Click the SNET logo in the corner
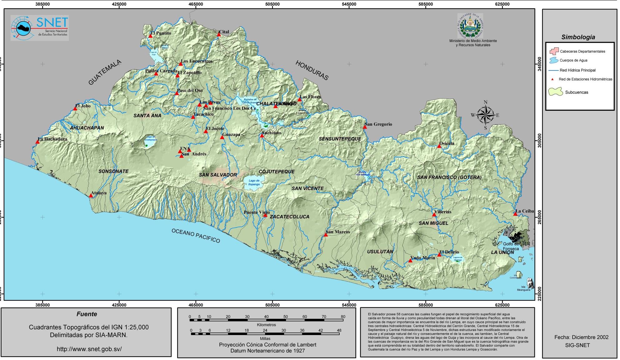pos(40,27)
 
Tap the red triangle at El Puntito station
pos(150,36)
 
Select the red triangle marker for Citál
pos(219,35)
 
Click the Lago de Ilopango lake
pos(254,182)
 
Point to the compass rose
pos(485,115)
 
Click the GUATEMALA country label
pos(105,72)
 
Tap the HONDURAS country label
pos(312,71)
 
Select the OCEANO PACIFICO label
pos(196,236)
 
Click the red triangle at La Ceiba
pos(515,214)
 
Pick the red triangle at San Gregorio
pos(365,127)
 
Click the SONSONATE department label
pos(113,171)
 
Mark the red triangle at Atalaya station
pos(91,196)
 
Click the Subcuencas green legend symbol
pos(555,92)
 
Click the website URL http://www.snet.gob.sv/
pos(89,349)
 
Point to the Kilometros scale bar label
pos(266,325)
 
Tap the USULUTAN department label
pos(380,252)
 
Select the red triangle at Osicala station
pos(439,146)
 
